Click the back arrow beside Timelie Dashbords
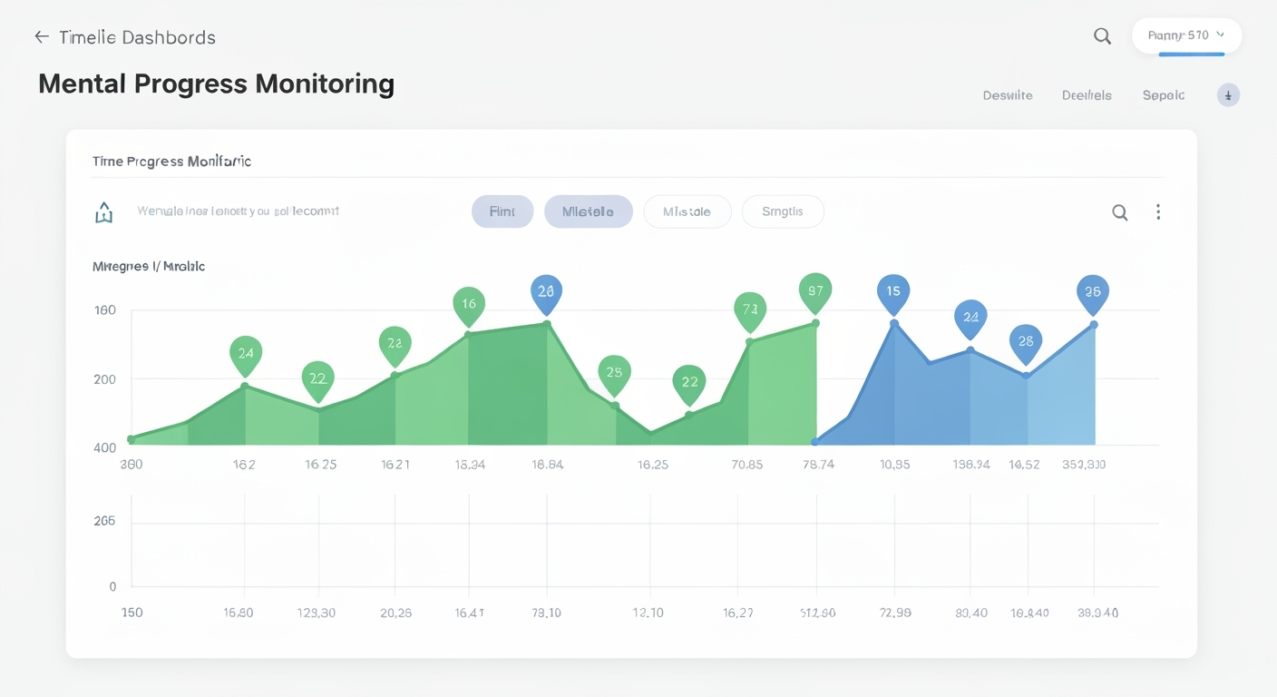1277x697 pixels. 41,37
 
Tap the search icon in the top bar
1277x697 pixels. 1102,36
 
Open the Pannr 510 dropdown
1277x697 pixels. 1186,35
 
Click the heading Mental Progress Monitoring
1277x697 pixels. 216,83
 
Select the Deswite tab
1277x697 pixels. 1008,95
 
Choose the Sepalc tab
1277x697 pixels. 1164,95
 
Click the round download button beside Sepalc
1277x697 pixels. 1228,95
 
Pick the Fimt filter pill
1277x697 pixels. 502,211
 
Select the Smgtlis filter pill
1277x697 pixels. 783,211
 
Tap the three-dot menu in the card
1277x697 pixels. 1158,212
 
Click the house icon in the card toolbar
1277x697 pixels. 104,212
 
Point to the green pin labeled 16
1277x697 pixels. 469,305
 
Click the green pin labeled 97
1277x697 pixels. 815,291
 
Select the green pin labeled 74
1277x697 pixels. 750,310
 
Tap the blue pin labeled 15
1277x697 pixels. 893,292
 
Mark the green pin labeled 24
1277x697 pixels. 246,354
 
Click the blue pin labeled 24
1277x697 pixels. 970,318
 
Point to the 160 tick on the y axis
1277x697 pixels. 105,310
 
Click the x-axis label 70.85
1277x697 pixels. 746,465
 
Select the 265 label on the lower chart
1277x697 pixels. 105,522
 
